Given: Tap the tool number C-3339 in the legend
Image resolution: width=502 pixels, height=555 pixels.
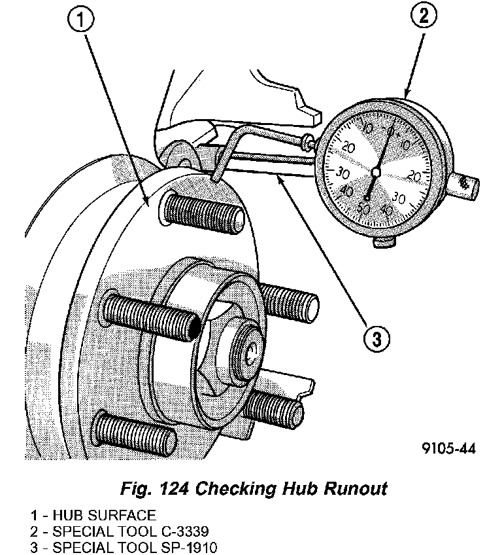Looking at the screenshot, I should [176, 531].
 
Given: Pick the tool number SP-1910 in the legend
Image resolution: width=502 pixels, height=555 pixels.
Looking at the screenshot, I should [180, 546].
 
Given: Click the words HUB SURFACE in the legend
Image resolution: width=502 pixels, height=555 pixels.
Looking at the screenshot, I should [105, 515].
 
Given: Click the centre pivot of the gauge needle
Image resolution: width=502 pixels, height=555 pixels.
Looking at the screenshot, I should [375, 172].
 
